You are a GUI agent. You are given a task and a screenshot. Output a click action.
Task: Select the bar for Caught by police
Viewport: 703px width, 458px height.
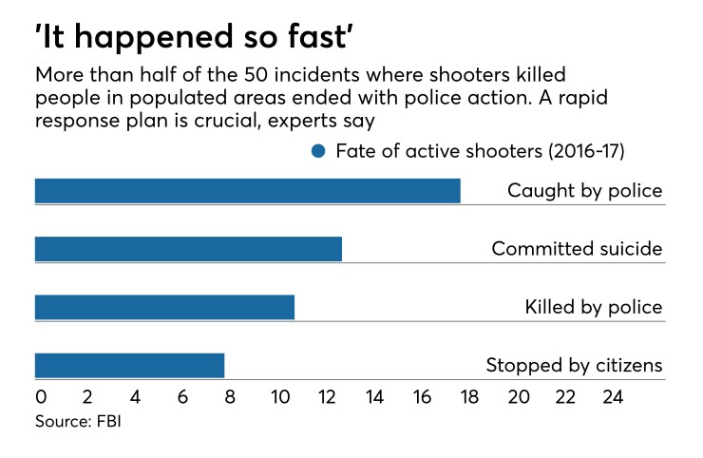[x=247, y=190]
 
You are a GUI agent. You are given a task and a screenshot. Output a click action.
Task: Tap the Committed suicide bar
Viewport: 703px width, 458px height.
[x=188, y=249]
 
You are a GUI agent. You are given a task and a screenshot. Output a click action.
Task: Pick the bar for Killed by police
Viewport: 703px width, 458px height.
[x=164, y=307]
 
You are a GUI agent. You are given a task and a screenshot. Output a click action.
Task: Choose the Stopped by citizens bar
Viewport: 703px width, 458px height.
[x=129, y=365]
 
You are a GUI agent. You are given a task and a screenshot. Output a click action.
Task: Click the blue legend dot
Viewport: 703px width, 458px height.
[x=318, y=151]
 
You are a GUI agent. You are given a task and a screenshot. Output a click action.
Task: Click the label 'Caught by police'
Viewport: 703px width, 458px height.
[x=584, y=191]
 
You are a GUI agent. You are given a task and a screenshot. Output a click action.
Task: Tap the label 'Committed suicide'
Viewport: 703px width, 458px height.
[x=576, y=249]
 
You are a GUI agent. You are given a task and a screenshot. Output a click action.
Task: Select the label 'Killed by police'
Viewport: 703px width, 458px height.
[x=593, y=307]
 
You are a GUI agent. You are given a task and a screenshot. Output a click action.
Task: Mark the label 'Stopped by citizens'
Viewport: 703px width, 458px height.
[x=574, y=365]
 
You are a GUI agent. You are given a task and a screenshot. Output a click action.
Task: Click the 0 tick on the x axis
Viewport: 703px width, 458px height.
[x=40, y=397]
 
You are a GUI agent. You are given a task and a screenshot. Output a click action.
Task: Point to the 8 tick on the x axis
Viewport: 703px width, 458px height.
[x=231, y=397]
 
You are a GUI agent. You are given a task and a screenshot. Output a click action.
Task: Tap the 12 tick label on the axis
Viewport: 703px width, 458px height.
[x=327, y=397]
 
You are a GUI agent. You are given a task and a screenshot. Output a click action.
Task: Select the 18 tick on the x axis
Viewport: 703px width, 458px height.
[x=470, y=397]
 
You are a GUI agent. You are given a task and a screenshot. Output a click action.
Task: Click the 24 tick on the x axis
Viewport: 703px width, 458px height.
[x=614, y=397]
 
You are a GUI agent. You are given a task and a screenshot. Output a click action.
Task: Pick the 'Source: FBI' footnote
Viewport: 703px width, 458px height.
[x=78, y=421]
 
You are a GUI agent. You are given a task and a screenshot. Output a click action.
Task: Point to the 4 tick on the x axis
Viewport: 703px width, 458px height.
[x=135, y=397]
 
